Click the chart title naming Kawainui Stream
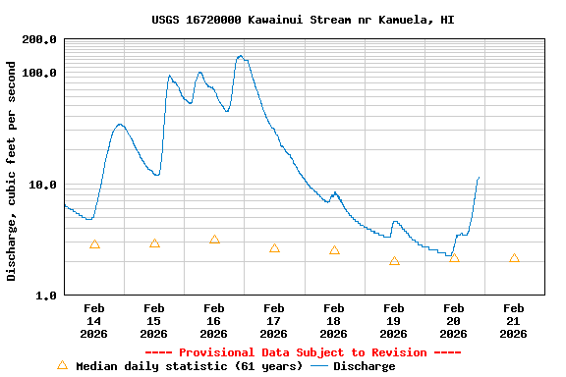click(303, 20)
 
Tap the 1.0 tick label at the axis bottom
click(46, 296)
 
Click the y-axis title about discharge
click(12, 171)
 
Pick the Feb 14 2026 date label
click(94, 321)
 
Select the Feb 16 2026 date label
click(214, 321)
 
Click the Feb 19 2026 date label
click(394, 321)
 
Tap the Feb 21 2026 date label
click(514, 321)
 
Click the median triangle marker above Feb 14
click(94, 244)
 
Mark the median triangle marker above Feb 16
click(214, 240)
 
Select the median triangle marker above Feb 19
click(394, 261)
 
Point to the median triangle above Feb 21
click(514, 258)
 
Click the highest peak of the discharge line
click(241, 56)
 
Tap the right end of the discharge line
click(479, 178)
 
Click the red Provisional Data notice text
click(303, 352)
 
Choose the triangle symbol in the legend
click(63, 365)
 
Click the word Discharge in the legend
click(364, 366)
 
